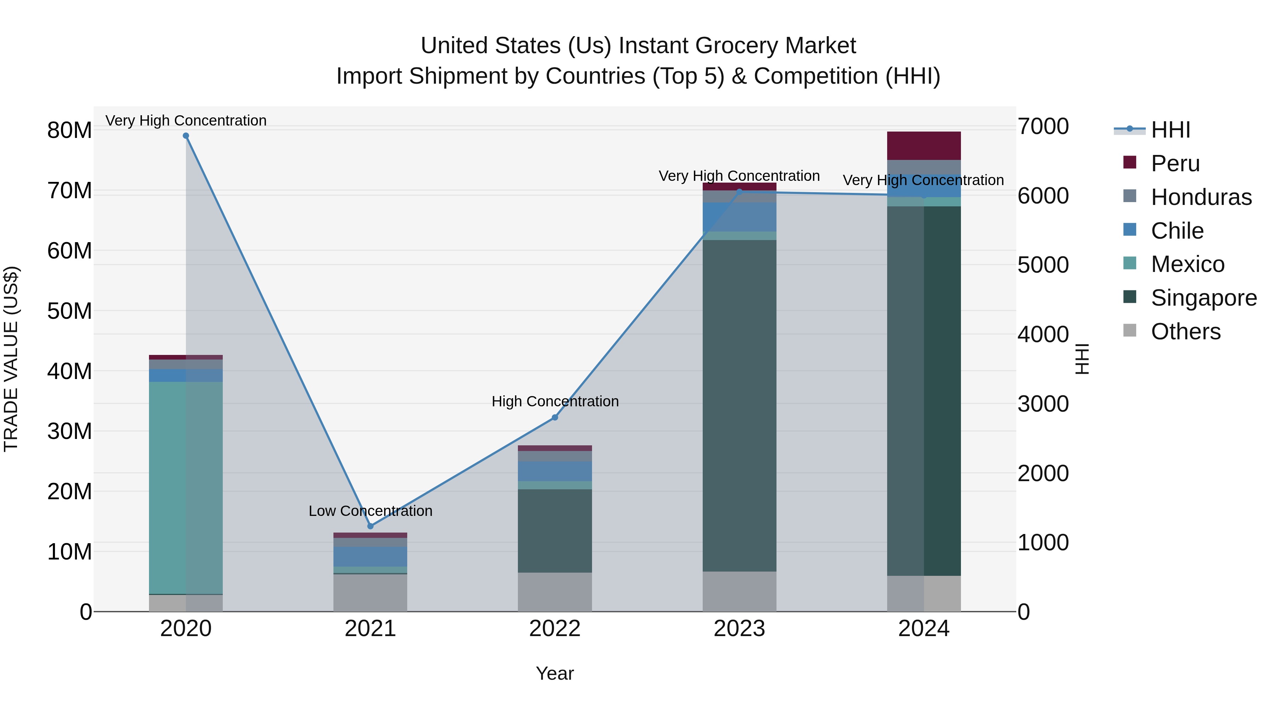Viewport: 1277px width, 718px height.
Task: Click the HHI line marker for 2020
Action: pos(186,136)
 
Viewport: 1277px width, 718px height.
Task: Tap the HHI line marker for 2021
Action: pos(370,526)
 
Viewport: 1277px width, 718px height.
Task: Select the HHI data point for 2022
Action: pos(555,418)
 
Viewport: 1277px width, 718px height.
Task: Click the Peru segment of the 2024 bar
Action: pos(924,146)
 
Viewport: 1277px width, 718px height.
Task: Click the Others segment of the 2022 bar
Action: pos(555,592)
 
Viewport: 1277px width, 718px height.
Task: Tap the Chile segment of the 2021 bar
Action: pos(370,556)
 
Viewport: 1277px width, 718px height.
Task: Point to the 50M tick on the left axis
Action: pos(70,311)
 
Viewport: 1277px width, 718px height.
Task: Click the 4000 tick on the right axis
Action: pos(1043,334)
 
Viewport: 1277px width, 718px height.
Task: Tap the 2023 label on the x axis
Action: pos(739,629)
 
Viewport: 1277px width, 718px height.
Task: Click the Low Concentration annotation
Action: pos(370,511)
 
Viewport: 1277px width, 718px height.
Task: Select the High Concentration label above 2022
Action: pos(555,401)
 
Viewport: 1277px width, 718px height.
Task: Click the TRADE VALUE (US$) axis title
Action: pos(11,359)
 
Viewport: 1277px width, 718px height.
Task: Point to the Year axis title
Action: pos(555,673)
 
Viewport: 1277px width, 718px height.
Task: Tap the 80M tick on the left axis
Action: pos(70,131)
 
